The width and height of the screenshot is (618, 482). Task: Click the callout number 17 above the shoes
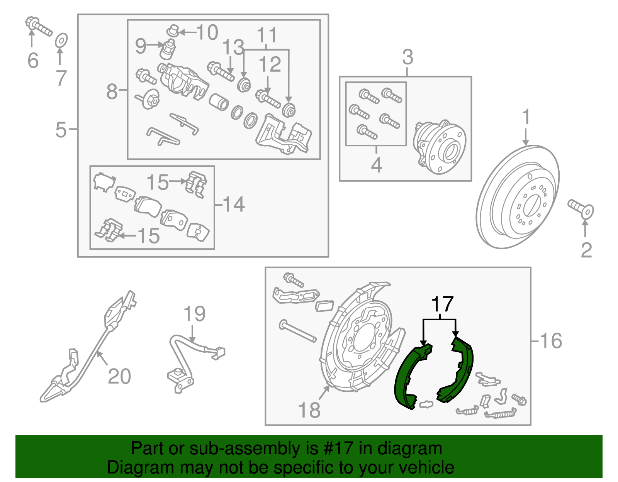click(x=442, y=304)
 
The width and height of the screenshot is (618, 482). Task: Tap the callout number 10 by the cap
click(x=207, y=32)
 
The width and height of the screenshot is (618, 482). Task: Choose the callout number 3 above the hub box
click(x=407, y=57)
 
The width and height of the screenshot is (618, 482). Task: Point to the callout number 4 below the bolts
click(x=376, y=165)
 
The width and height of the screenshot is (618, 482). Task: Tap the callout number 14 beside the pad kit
click(x=234, y=204)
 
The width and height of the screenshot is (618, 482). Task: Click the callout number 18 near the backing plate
click(x=309, y=410)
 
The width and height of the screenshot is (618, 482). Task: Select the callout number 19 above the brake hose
click(x=194, y=314)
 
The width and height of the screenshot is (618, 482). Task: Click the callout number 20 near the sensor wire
click(x=119, y=376)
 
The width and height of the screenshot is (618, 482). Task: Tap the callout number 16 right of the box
click(x=551, y=341)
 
